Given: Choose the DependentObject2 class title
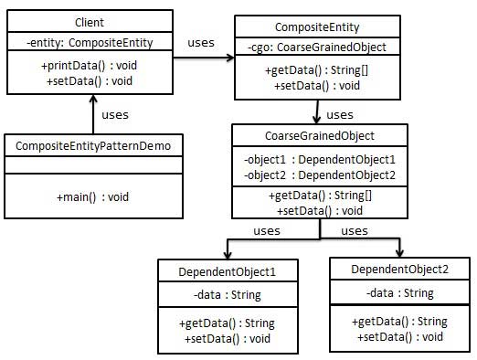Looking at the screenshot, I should (398, 270).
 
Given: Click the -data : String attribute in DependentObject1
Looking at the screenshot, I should (228, 294).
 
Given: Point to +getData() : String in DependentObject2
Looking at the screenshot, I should (398, 321).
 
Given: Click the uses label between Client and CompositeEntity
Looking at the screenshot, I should (201, 42).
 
